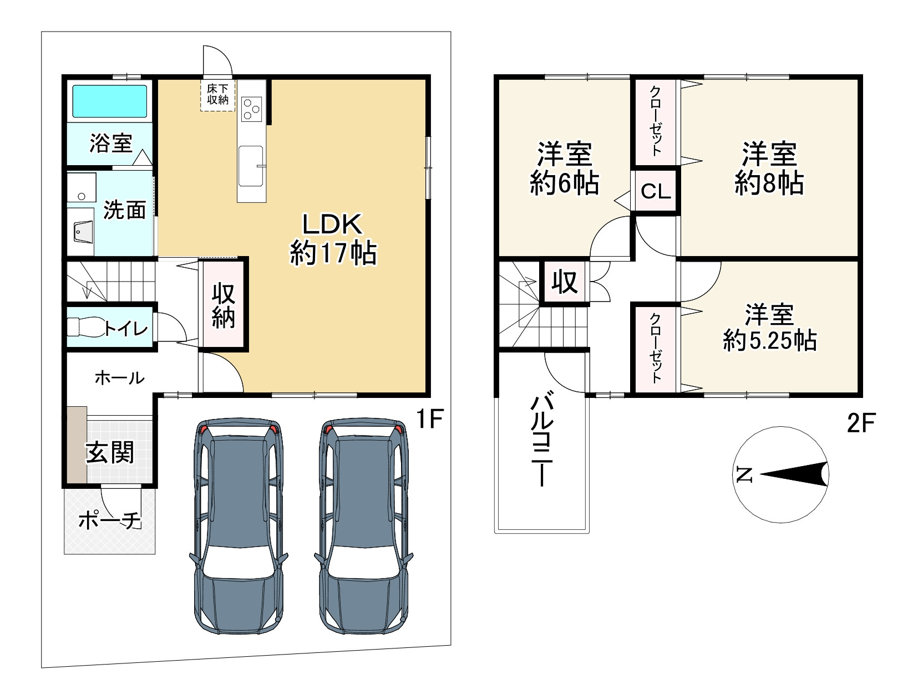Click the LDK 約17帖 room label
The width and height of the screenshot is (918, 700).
point(333,239)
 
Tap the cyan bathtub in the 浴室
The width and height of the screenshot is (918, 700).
point(110,101)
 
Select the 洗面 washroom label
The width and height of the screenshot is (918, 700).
point(124,210)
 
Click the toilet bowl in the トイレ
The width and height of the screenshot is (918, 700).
point(86,327)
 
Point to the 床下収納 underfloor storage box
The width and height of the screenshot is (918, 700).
point(218,95)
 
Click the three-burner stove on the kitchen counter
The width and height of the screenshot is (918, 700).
point(251,109)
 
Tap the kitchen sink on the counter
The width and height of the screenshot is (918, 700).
point(251,166)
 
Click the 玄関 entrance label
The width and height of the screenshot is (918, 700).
point(110,452)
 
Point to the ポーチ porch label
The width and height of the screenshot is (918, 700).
point(110,521)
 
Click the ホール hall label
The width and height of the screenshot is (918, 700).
point(120,378)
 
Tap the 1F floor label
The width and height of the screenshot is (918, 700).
point(429,419)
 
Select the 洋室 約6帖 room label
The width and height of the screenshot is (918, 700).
point(564,168)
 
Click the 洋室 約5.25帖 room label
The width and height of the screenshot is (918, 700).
point(769,328)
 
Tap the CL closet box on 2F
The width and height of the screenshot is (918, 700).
point(656,191)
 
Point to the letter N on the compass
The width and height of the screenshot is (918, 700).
point(744,474)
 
